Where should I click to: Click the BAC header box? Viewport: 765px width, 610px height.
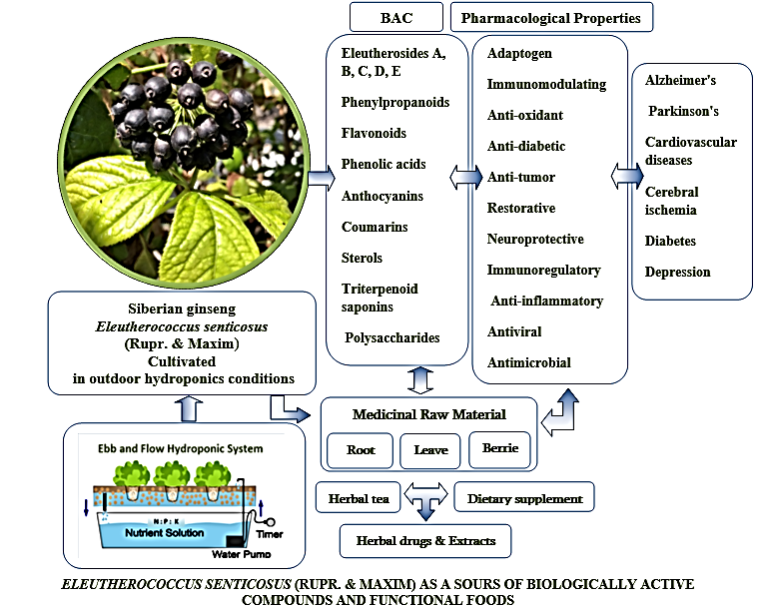[394, 17]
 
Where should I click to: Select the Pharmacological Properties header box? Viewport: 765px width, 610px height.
[552, 17]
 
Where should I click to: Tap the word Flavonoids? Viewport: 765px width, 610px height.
[375, 133]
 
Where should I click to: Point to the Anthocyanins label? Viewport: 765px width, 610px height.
[382, 196]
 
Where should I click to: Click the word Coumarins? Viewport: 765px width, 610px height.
[375, 227]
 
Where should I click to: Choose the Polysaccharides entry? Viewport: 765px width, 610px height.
[391, 337]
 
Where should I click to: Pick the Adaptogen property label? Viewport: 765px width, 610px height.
[519, 53]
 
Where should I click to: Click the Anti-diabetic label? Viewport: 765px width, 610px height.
[526, 146]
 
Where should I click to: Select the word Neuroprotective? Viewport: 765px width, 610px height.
[535, 239]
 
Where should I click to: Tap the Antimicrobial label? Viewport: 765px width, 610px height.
[529, 362]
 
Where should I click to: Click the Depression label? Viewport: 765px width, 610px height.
[677, 272]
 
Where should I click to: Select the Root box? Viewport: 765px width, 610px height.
[361, 450]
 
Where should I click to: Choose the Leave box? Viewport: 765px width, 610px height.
[430, 450]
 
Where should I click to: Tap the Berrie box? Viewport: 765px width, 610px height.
[499, 448]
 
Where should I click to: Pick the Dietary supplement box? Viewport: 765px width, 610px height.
[524, 496]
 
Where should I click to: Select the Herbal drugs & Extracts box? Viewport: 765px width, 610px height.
[425, 541]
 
